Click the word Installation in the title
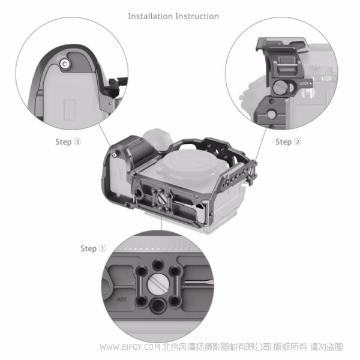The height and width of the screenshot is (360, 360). coord(151,16)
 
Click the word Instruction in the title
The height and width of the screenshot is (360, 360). coord(197,16)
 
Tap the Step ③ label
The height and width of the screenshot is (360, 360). coord(68,142)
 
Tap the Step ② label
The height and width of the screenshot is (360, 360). coord(288,142)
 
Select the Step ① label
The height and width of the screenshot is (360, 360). coord(93,248)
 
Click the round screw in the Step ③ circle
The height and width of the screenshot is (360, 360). coord(65,64)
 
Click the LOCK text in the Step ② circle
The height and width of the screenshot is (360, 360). coord(304,83)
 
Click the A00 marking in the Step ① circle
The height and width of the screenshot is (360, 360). coord(122,299)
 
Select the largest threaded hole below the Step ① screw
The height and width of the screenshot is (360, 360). coord(158,305)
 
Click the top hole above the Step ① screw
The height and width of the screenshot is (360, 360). coord(158,265)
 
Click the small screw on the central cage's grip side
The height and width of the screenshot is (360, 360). coord(114,154)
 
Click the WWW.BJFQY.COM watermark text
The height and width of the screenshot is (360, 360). coord(130,347)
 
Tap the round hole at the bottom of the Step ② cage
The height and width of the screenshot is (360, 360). coord(271,115)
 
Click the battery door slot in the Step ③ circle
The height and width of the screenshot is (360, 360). coord(70,110)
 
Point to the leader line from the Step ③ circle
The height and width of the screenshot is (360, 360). coord(104,135)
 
